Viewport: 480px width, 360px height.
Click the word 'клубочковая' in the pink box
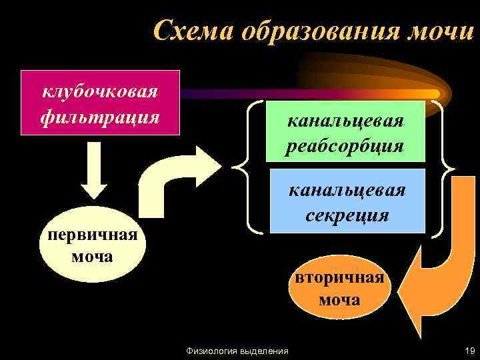pyautogui.click(x=100, y=90)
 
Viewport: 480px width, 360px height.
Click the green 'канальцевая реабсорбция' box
pyautogui.click(x=345, y=131)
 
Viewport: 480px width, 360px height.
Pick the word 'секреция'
pyautogui.click(x=347, y=215)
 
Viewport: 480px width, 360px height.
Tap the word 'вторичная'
pyautogui.click(x=339, y=277)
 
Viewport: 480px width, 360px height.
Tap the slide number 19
pyautogui.click(x=468, y=350)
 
